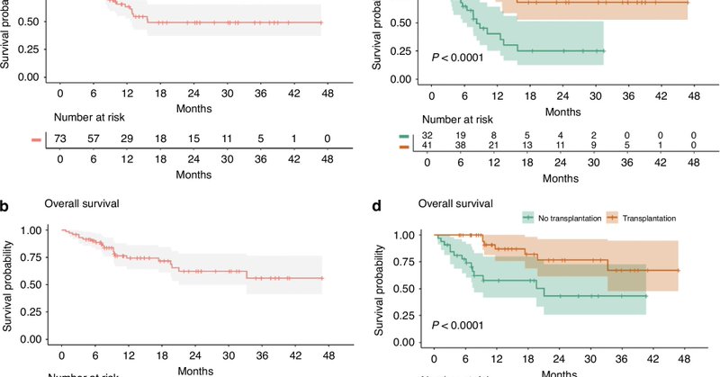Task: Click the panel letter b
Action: click(x=5, y=206)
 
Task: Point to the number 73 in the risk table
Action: click(x=60, y=140)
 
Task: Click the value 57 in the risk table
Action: click(x=94, y=140)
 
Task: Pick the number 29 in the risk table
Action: click(x=127, y=140)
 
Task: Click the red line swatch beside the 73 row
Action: click(x=36, y=140)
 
